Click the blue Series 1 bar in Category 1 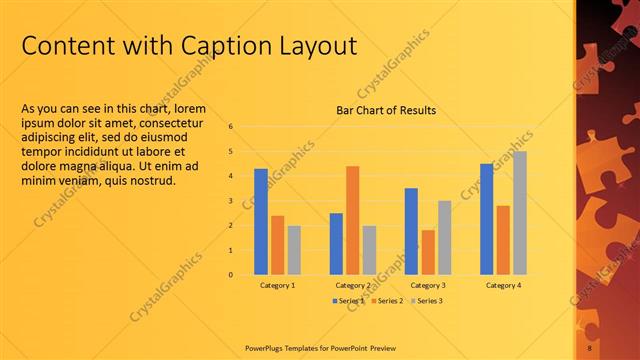(x=261, y=221)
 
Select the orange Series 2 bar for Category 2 (x=352, y=220)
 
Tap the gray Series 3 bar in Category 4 (x=520, y=213)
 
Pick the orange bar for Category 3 (x=428, y=252)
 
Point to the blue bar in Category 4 (x=487, y=219)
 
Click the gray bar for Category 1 (x=294, y=250)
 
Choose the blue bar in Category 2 (x=336, y=243)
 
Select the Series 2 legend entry (x=388, y=301)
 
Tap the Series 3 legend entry (x=426, y=301)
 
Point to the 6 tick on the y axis (x=231, y=127)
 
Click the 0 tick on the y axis (x=231, y=274)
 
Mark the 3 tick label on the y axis (x=231, y=201)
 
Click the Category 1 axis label (x=277, y=286)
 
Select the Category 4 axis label (x=503, y=286)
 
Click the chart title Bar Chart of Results (x=385, y=110)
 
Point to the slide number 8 (x=589, y=348)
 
